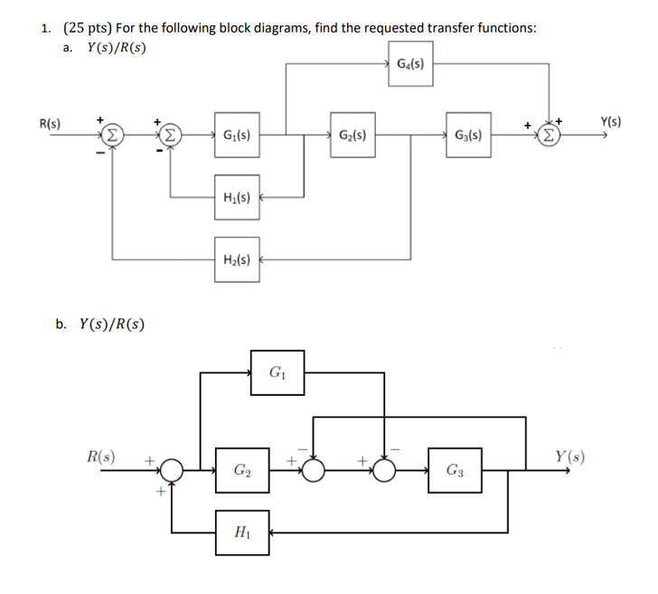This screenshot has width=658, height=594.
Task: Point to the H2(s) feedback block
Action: (237, 259)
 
